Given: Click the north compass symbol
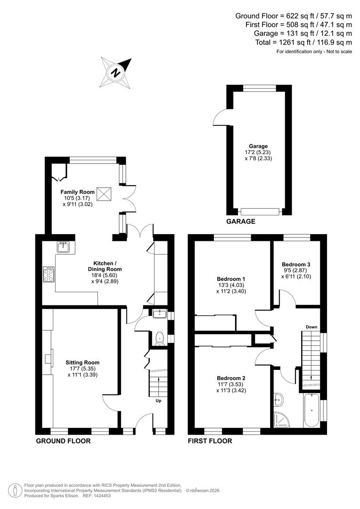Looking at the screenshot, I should click(115, 72).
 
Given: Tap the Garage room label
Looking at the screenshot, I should click(259, 146).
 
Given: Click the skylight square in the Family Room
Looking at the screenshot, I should click(103, 193).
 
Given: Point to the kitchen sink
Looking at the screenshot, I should click(63, 246).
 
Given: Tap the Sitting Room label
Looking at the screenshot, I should click(82, 362).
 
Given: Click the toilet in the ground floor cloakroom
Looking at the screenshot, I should click(160, 337).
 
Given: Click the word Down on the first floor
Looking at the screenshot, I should click(311, 327).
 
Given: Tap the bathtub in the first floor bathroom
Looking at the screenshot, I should click(311, 411).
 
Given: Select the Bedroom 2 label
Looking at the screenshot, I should click(231, 378).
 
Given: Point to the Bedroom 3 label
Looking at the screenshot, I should click(296, 264).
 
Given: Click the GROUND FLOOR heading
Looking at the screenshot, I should click(63, 441).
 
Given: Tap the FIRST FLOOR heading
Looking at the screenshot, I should click(210, 441).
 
